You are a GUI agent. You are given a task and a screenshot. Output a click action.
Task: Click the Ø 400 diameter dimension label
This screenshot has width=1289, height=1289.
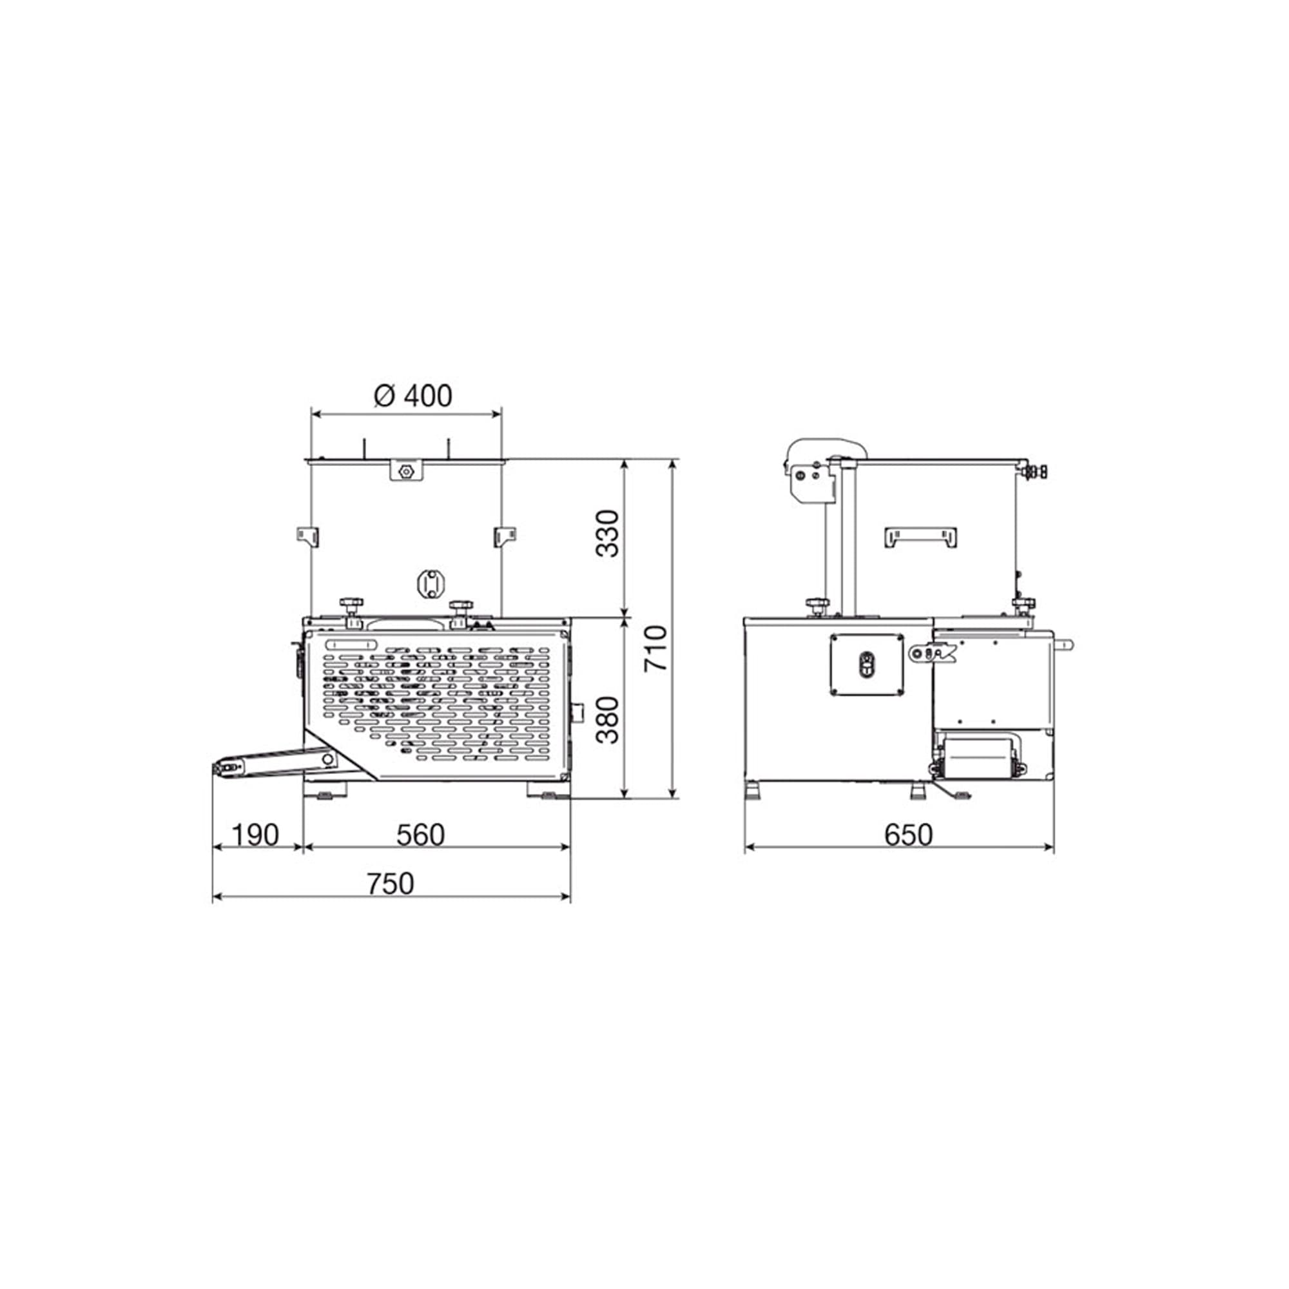(x=413, y=396)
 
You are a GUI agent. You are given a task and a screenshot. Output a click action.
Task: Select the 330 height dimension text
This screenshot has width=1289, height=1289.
(x=608, y=534)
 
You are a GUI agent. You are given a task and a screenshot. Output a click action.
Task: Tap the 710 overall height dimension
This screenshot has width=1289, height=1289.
(x=655, y=649)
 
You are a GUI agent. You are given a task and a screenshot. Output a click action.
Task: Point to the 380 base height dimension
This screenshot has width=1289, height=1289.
(x=608, y=720)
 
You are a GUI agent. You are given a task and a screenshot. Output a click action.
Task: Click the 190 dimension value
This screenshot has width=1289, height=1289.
(x=255, y=835)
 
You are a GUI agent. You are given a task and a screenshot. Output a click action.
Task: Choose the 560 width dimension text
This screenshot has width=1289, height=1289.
(x=420, y=835)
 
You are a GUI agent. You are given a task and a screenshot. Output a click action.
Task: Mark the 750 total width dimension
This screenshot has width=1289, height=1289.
(x=391, y=884)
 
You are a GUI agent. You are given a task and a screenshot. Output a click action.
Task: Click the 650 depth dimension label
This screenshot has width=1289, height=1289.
(x=908, y=835)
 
